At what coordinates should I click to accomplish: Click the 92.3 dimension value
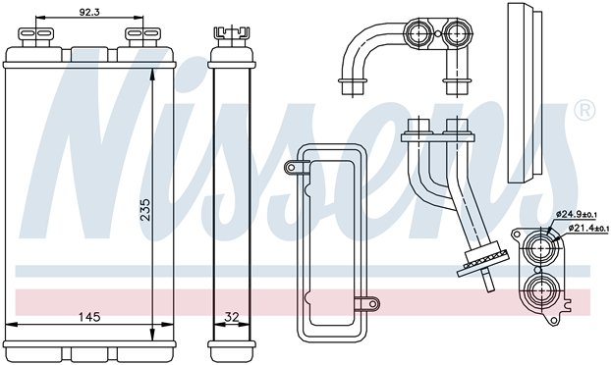[x=89, y=12]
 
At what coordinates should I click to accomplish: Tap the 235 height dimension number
[x=145, y=210]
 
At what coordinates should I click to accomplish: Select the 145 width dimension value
[x=89, y=317]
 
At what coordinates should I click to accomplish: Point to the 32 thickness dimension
[x=232, y=317]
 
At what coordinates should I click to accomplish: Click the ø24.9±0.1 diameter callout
[x=577, y=214]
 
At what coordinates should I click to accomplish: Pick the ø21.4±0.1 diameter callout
[x=588, y=228]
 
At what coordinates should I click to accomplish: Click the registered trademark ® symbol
[x=584, y=110]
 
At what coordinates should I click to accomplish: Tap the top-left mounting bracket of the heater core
[x=35, y=35]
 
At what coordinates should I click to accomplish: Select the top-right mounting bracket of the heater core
[x=142, y=35]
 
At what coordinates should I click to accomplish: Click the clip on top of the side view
[x=232, y=33]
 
